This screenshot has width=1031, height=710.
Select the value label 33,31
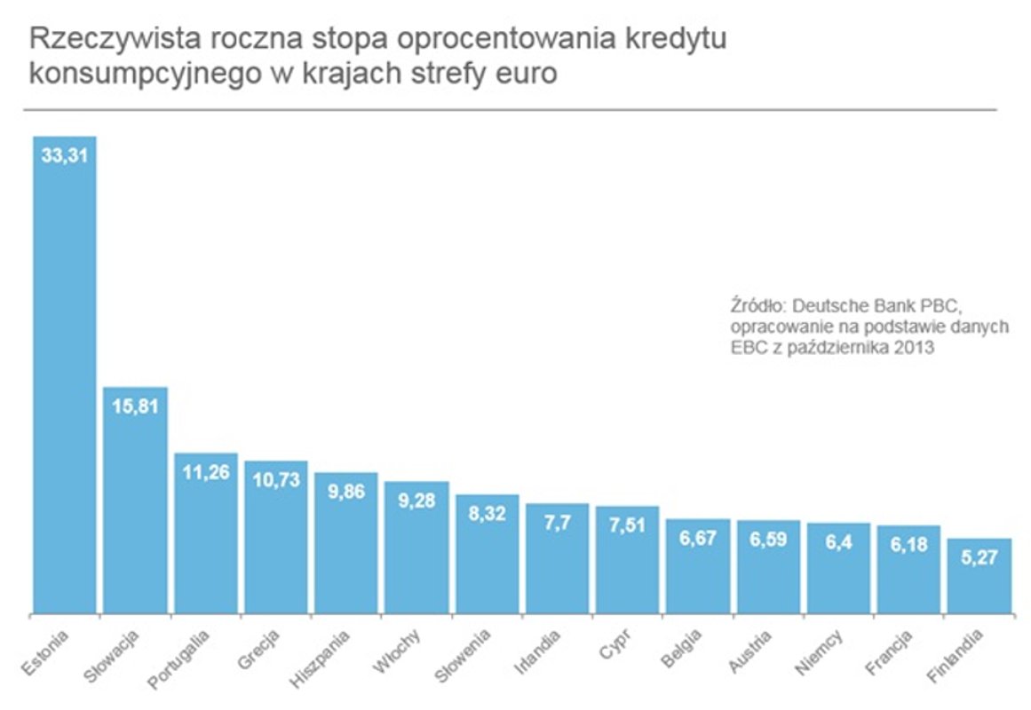point(64,154)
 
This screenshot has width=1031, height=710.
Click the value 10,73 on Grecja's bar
point(275,479)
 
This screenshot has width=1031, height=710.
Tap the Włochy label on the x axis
point(401,652)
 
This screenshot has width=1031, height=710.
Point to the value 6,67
point(698,537)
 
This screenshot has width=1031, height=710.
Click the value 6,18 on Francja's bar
point(909,543)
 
